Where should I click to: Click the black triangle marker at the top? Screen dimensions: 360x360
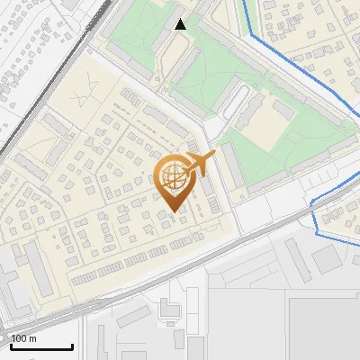pos(181,24)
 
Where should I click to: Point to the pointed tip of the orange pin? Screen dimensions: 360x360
pos(172,211)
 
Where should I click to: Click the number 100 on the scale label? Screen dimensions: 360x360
pos(20,338)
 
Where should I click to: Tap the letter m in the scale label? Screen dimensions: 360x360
pos(33,338)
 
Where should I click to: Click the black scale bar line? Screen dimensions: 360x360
pos(41,346)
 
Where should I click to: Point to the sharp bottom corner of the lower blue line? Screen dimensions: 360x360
pos(319,232)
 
